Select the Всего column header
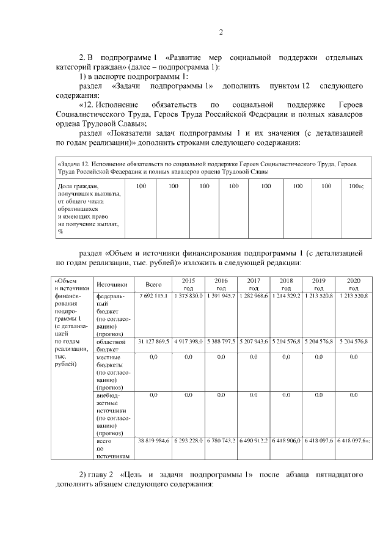[x=153, y=284]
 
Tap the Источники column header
[x=112, y=284]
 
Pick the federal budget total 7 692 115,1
[x=153, y=296]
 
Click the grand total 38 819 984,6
[x=153, y=440]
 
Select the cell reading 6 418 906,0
[x=286, y=440]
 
